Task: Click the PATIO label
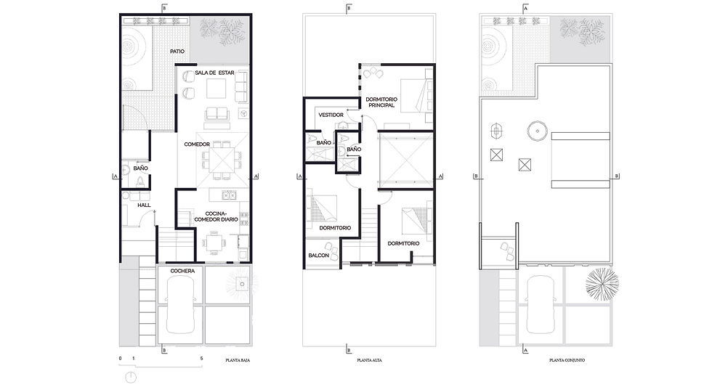click(x=177, y=52)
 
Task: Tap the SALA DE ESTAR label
click(x=215, y=73)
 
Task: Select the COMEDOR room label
click(x=197, y=144)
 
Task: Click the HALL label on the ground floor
click(x=144, y=205)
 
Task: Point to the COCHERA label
click(x=182, y=271)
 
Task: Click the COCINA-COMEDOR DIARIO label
click(x=217, y=216)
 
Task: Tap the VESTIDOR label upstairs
click(x=331, y=115)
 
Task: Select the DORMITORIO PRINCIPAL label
click(x=381, y=102)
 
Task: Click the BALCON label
click(x=319, y=256)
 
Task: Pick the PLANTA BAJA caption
click(x=238, y=360)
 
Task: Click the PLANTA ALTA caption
click(x=370, y=360)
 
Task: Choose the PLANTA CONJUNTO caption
click(x=567, y=360)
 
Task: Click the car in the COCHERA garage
click(x=181, y=304)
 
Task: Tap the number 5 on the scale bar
click(x=202, y=359)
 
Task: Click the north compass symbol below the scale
click(x=131, y=377)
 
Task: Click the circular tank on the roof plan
click(x=538, y=131)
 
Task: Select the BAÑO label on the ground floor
click(x=141, y=168)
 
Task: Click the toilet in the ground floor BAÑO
click(x=141, y=182)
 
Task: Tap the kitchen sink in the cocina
click(x=228, y=195)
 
